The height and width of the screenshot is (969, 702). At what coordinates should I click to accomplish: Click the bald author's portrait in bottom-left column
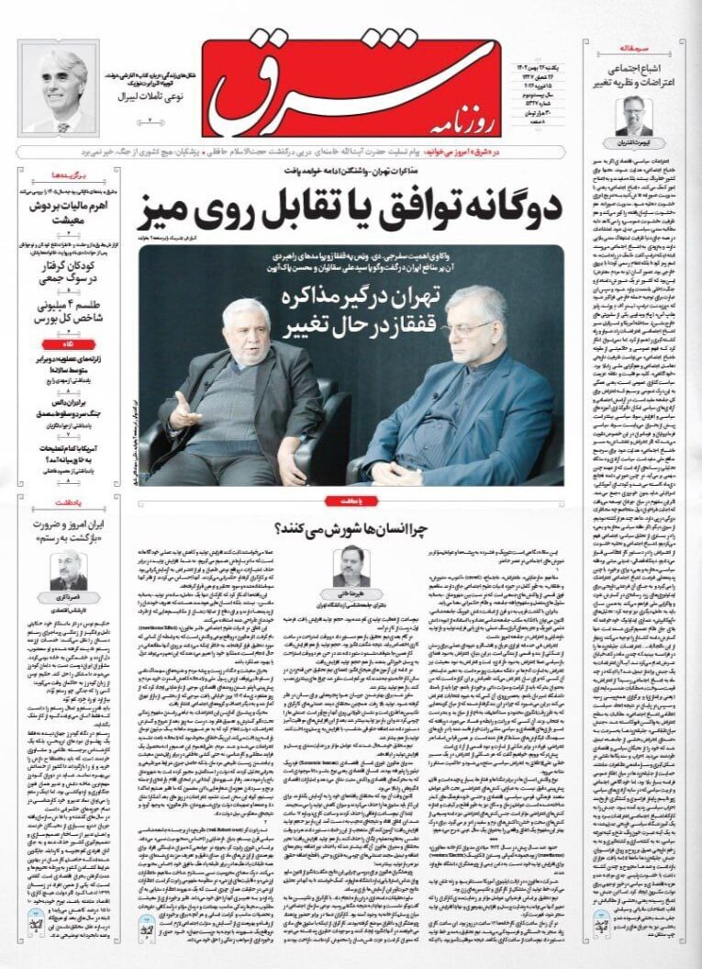[x=68, y=570]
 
